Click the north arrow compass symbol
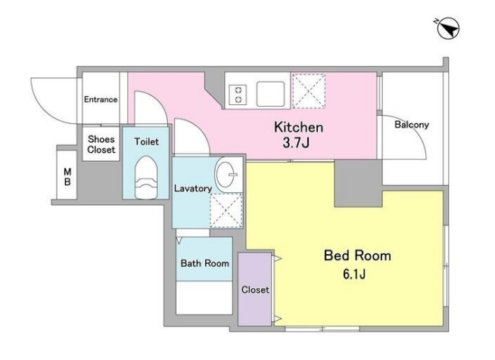(448, 29)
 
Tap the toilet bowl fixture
(146, 177)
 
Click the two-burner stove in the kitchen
(238, 95)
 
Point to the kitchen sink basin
(270, 94)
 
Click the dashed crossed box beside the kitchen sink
(309, 92)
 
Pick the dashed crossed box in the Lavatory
(226, 210)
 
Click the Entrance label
(101, 100)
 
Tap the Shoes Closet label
(101, 144)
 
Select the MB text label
(67, 177)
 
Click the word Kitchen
(298, 127)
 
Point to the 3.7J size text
(296, 143)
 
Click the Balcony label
(412, 125)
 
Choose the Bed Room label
(357, 255)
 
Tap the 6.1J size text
(354, 275)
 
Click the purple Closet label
(255, 290)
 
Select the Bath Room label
(205, 263)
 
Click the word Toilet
(147, 141)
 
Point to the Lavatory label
(193, 188)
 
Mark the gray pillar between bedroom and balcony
(358, 183)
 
